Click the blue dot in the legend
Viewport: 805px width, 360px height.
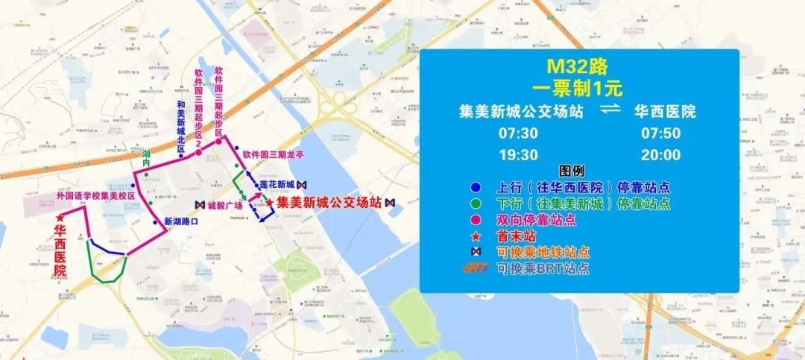tap(476, 188)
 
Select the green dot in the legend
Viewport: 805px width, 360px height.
tap(476, 203)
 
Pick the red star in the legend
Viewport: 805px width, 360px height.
tap(476, 236)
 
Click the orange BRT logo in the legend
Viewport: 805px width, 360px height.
tap(475, 268)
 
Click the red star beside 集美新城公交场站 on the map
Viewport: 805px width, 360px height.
tap(269, 203)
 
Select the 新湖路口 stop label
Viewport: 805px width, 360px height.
tap(180, 221)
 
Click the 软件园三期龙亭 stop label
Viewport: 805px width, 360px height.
tap(273, 155)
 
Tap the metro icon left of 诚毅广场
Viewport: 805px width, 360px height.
tap(199, 204)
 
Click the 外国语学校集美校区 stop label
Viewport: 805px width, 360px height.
tap(95, 196)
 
